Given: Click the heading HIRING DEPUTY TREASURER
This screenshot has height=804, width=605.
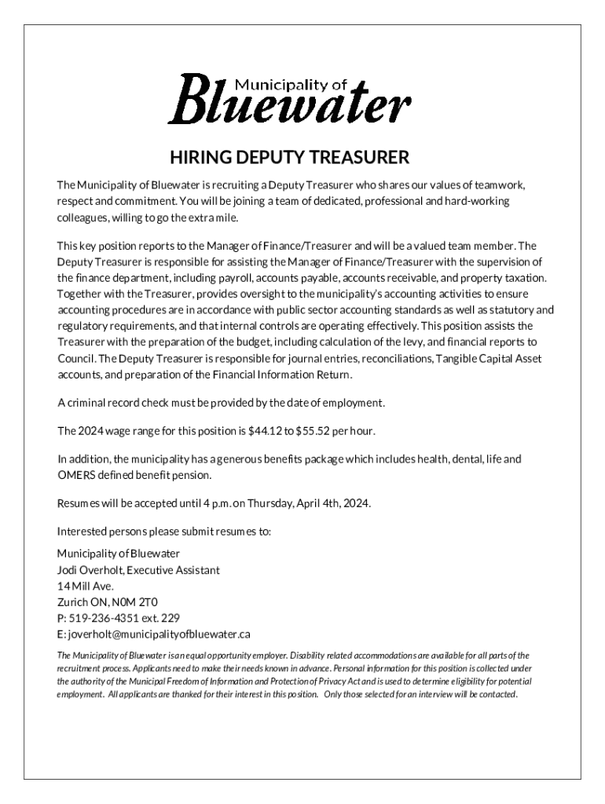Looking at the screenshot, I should (289, 158).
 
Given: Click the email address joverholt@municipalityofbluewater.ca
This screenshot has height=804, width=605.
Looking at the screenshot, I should (159, 634).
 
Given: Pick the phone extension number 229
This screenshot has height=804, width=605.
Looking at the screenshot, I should (170, 617).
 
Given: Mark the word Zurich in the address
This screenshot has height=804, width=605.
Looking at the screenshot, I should (72, 601).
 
